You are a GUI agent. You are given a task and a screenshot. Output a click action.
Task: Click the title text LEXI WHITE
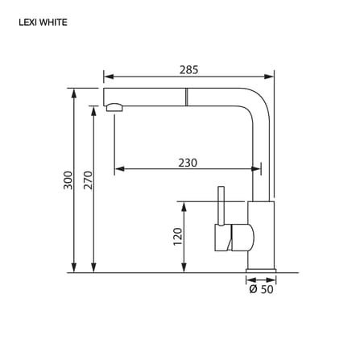[43, 23]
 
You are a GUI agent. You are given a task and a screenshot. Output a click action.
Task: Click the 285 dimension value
[188, 70]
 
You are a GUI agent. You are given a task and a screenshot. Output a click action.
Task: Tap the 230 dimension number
[188, 163]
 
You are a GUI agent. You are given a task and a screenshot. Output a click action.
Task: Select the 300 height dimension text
[68, 180]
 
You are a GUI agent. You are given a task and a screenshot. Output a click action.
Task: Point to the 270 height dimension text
[88, 180]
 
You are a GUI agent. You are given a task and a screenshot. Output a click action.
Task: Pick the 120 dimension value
[178, 237]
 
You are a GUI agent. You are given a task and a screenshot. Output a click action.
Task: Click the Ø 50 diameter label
[261, 289]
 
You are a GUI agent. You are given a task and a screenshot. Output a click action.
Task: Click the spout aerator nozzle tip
[114, 108]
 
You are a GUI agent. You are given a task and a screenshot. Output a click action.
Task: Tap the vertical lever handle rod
[221, 205]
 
